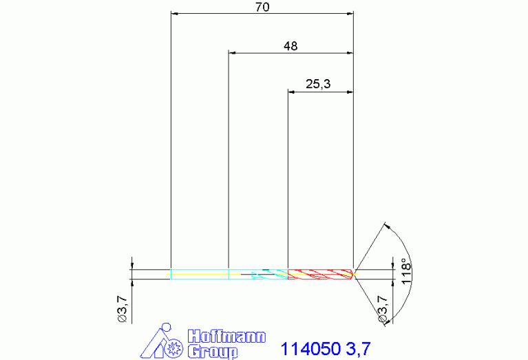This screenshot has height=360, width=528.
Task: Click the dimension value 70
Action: point(262,7)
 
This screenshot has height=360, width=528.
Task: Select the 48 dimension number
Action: point(291,46)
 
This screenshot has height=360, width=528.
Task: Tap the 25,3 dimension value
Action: point(318,84)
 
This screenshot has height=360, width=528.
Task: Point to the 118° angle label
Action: point(406,271)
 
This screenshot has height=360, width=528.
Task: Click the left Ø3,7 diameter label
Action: point(123,309)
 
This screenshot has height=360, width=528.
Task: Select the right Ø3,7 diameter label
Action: point(383,309)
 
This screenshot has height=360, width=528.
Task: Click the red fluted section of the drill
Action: point(320,274)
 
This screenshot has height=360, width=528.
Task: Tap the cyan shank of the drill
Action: point(200,274)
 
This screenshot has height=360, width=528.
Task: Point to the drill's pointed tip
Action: point(353,274)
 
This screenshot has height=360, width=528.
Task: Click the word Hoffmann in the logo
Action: point(226,336)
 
